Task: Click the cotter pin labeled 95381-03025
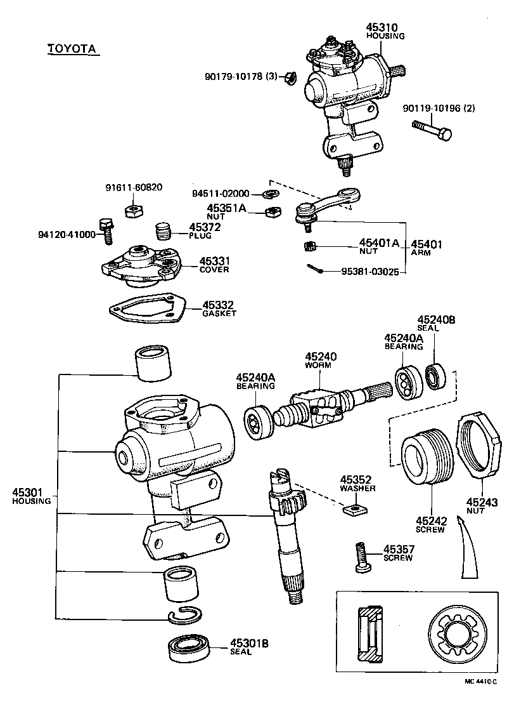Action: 318,270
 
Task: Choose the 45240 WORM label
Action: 321,361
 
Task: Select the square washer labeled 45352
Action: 355,508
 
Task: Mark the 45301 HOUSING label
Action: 31,496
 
